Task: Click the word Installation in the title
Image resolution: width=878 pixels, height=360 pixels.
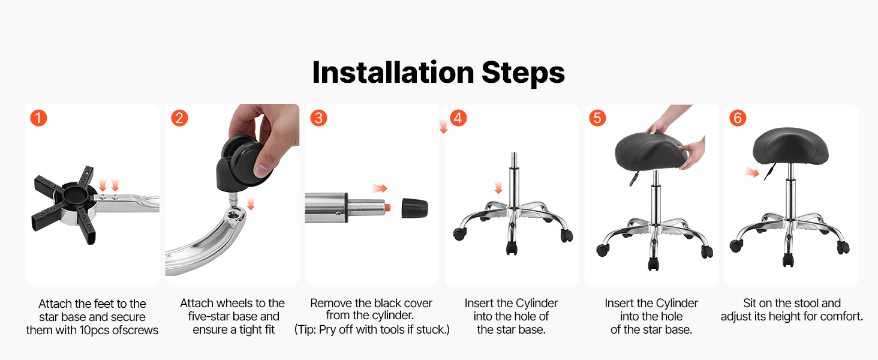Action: pos(393,73)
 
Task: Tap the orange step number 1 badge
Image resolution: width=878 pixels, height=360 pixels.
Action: pos(39,118)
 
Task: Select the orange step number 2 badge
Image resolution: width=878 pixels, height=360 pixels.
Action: pos(179,118)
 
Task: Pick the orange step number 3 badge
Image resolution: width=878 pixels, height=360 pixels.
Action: pos(318,118)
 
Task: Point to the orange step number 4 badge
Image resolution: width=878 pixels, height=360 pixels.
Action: pos(458,118)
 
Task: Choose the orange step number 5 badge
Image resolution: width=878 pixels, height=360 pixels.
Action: pos(598,118)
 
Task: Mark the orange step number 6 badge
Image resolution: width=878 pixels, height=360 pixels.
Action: pos(738,118)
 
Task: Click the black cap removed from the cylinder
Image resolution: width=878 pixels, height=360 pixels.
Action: pos(414,208)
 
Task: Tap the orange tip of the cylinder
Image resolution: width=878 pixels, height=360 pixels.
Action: pos(387,208)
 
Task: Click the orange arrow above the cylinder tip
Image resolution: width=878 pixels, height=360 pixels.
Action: pos(380,188)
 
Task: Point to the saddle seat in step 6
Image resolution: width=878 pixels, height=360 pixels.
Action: pos(790,148)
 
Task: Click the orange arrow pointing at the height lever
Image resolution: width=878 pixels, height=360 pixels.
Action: pos(752,172)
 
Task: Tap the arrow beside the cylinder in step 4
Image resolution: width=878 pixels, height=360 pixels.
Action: pos(498,188)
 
